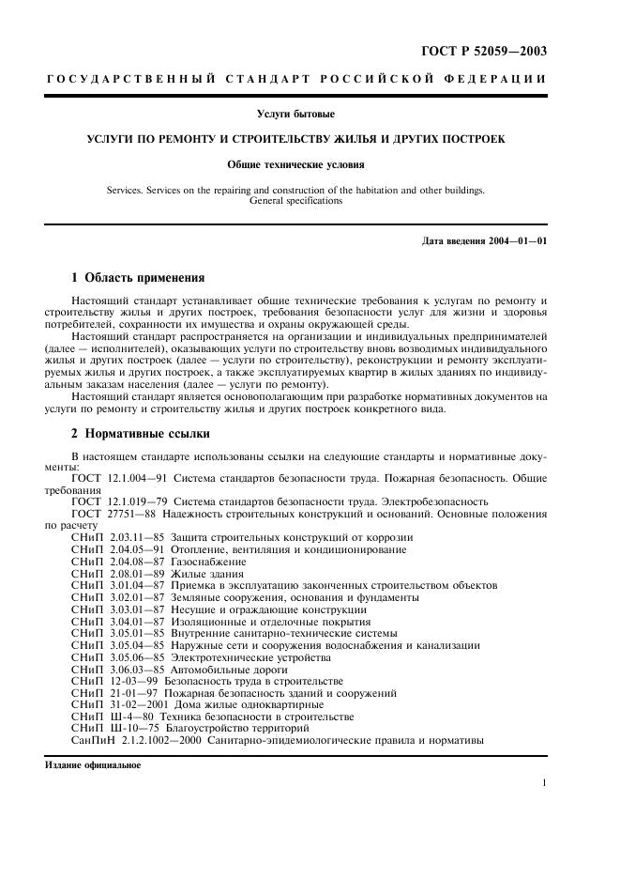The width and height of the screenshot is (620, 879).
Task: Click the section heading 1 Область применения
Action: (138, 278)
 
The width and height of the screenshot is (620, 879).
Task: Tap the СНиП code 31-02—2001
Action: (143, 705)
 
